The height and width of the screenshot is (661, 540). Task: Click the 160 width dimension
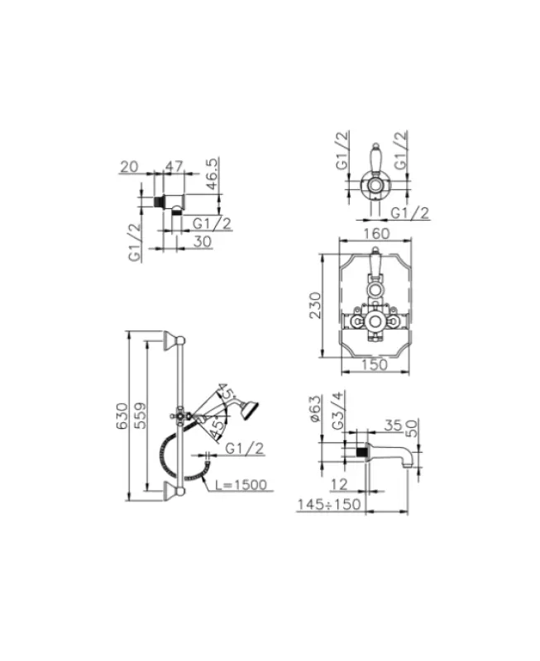click(376, 233)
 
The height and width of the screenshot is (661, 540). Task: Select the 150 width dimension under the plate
click(376, 365)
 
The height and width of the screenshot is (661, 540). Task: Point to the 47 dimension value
click(174, 167)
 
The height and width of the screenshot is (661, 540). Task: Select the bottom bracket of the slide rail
click(173, 493)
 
